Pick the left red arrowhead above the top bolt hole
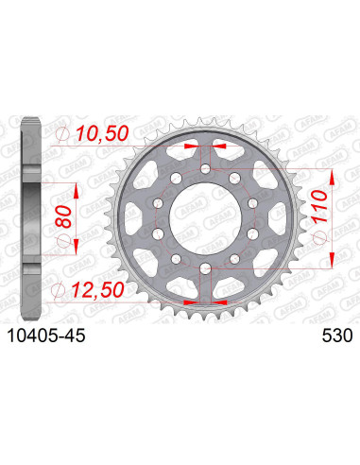click(x=191, y=147)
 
